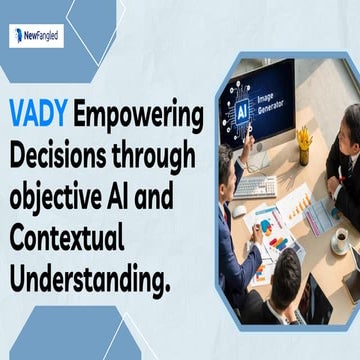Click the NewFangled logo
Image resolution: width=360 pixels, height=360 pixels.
[36, 37]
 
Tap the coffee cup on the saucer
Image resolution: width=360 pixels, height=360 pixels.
[340, 240]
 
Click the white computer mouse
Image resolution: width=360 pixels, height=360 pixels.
[238, 212]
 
